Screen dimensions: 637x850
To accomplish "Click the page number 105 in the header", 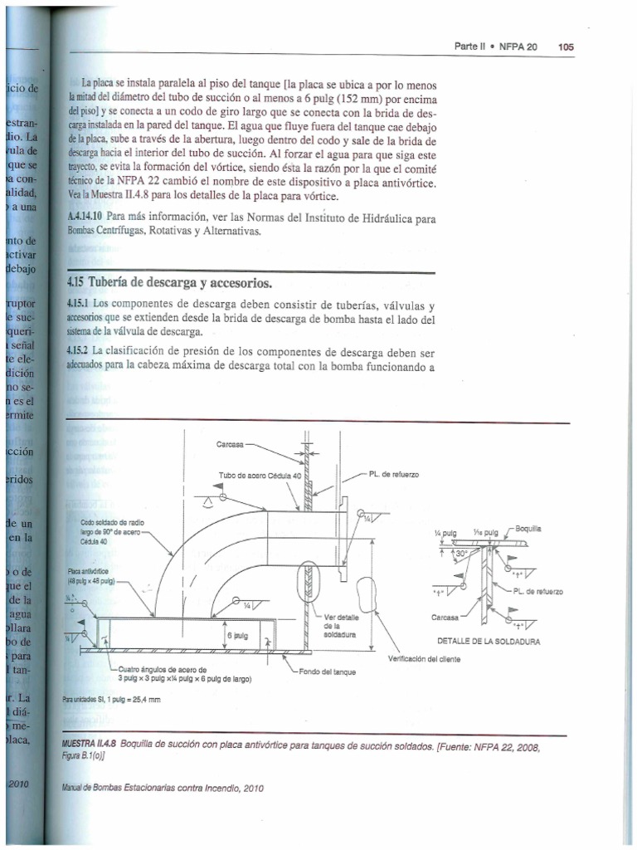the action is coord(566,47).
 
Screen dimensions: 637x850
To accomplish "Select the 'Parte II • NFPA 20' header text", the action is coord(495,47).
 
